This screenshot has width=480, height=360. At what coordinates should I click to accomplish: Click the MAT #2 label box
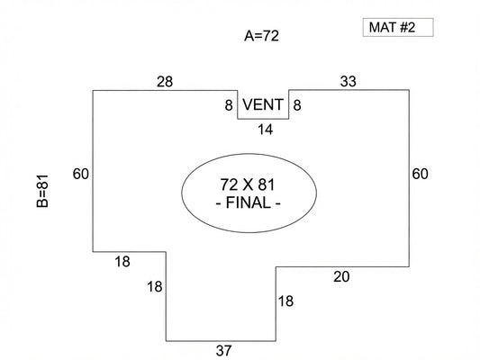click(x=398, y=28)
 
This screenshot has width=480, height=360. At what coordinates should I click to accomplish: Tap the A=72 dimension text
click(x=261, y=36)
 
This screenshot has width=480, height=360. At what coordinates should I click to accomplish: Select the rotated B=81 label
click(x=42, y=191)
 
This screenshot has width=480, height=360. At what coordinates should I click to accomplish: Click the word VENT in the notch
click(x=263, y=104)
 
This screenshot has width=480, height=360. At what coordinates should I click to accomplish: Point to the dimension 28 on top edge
click(x=165, y=82)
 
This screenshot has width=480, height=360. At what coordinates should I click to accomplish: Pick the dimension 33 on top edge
click(x=348, y=81)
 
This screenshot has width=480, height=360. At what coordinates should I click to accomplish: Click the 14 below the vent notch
click(x=265, y=130)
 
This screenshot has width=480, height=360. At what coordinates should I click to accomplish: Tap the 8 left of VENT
click(x=229, y=105)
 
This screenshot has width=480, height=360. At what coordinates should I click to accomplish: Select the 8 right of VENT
click(x=297, y=105)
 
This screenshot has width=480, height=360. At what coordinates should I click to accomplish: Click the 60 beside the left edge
click(x=80, y=174)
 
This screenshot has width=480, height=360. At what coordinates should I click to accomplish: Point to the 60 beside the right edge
click(x=420, y=174)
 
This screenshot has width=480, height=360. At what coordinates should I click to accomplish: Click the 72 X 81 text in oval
click(x=248, y=184)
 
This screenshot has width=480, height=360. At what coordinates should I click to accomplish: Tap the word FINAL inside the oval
click(x=249, y=202)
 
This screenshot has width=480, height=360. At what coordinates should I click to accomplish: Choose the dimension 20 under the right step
click(x=341, y=276)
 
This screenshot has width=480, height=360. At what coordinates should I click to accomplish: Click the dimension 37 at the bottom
click(x=223, y=350)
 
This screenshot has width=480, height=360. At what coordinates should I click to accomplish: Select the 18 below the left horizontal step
click(x=122, y=262)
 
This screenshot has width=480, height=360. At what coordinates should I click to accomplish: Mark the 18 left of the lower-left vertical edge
click(x=155, y=287)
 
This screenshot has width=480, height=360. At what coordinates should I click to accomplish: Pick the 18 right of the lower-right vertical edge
click(x=285, y=301)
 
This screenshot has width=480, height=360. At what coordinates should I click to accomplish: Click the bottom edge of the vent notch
click(x=263, y=119)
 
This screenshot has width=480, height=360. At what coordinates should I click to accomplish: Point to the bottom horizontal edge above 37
click(x=221, y=341)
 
